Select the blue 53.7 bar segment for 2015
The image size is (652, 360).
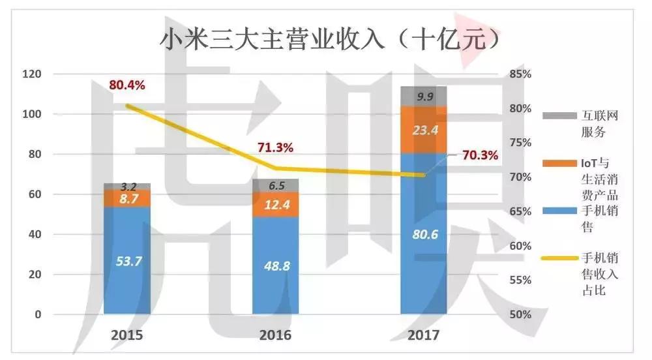(127, 261)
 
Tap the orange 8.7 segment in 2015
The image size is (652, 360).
(127, 198)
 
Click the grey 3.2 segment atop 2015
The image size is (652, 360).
(127, 187)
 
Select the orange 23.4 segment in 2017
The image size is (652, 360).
(424, 130)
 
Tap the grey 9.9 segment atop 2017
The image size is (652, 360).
(424, 97)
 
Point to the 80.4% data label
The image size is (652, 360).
(127, 85)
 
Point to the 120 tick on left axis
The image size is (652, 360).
(31, 74)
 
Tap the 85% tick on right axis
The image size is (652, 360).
(519, 74)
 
